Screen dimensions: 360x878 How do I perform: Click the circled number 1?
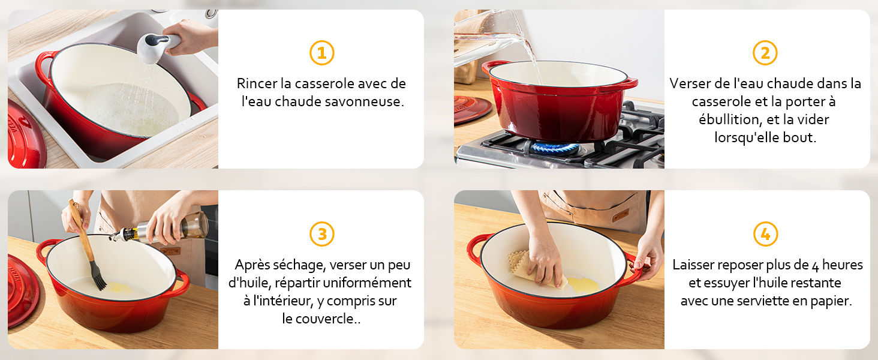[321, 53]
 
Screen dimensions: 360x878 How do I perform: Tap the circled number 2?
[765, 53]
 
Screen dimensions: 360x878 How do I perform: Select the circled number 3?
[321, 234]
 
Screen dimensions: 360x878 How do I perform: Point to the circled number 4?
[765, 234]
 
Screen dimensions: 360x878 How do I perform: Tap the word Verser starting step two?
[689, 83]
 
